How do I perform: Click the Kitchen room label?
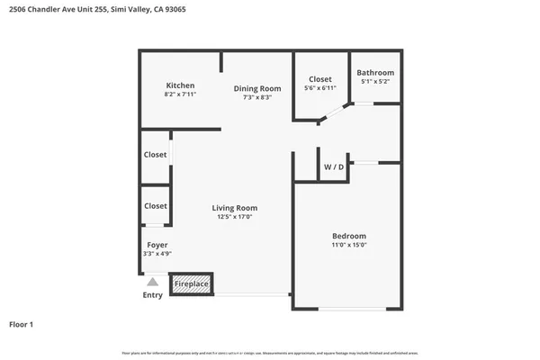180,85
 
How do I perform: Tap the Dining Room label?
257,88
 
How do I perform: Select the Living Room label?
234,208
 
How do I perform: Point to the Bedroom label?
350,236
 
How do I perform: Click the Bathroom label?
374,73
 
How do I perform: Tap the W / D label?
333,167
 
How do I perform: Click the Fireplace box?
191,284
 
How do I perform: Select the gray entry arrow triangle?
153,283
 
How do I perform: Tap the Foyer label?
157,245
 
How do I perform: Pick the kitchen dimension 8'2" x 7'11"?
180,94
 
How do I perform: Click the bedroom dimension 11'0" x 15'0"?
350,245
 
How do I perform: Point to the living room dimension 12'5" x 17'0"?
234,217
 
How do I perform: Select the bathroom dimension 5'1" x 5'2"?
374,82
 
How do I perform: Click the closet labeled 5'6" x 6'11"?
320,88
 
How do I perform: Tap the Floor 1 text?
22,323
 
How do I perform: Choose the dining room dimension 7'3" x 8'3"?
257,97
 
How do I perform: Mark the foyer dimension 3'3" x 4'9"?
157,254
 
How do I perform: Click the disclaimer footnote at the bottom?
270,353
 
